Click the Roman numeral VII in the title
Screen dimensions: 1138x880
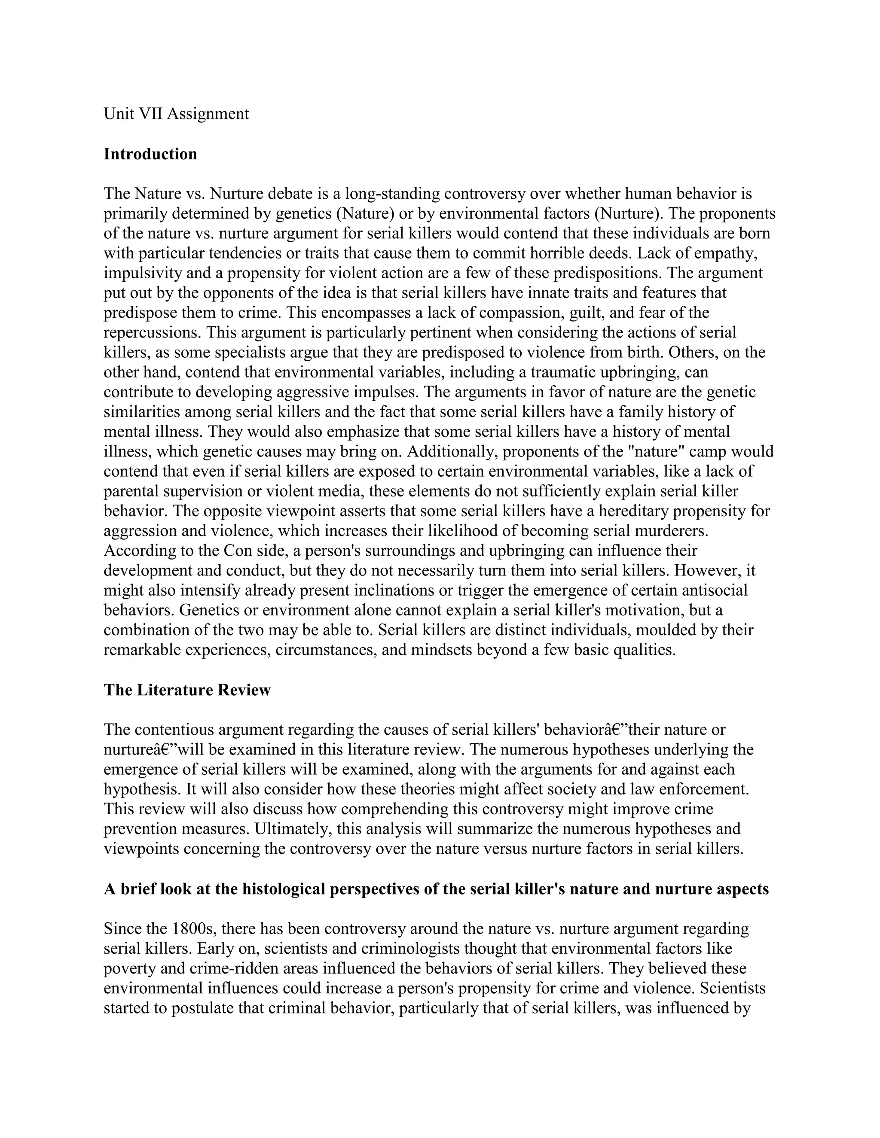tap(150, 114)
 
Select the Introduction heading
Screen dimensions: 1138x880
tap(150, 154)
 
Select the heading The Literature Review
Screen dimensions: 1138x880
tap(187, 690)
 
